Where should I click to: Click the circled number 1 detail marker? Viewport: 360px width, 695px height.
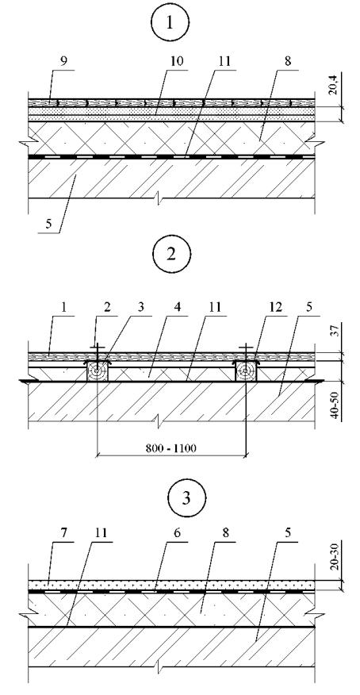(x=169, y=22)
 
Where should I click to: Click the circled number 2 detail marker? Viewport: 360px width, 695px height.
(x=172, y=255)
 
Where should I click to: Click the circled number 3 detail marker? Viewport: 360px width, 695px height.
(x=186, y=497)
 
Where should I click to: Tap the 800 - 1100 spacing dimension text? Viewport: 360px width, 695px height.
(x=171, y=447)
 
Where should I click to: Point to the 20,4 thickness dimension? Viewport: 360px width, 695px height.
(x=335, y=85)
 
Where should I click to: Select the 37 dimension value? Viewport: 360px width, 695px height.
(x=335, y=330)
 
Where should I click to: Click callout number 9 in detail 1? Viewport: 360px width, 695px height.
(x=63, y=62)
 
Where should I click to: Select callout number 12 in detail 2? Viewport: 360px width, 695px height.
(x=275, y=308)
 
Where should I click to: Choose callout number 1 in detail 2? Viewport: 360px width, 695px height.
(x=63, y=308)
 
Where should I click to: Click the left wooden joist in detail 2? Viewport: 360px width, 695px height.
(x=97, y=371)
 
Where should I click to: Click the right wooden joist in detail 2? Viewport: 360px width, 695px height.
(x=246, y=371)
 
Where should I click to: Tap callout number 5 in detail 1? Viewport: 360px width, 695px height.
(x=48, y=225)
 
